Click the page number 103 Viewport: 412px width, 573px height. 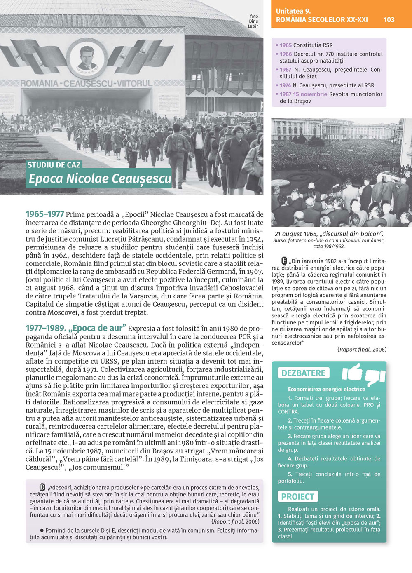coord(389,19)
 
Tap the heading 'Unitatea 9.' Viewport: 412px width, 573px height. coord(293,11)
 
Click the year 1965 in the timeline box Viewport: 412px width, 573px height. coord(286,45)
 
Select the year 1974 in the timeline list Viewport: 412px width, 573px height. coord(285,85)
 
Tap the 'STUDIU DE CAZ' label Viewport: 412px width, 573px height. coord(54,165)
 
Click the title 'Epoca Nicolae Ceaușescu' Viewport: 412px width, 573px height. coord(100,178)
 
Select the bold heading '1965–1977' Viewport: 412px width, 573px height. coord(44,214)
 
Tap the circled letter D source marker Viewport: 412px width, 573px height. coord(42,487)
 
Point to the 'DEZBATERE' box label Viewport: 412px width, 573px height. coord(303,373)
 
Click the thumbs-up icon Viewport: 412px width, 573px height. coord(352,371)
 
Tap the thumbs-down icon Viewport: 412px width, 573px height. coord(375,376)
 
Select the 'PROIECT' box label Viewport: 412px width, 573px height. coord(297,496)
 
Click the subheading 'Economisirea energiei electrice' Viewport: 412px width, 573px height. coord(326,389)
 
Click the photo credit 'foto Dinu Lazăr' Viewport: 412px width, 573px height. coord(253,21)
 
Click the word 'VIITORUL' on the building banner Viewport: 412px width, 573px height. coord(135,83)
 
